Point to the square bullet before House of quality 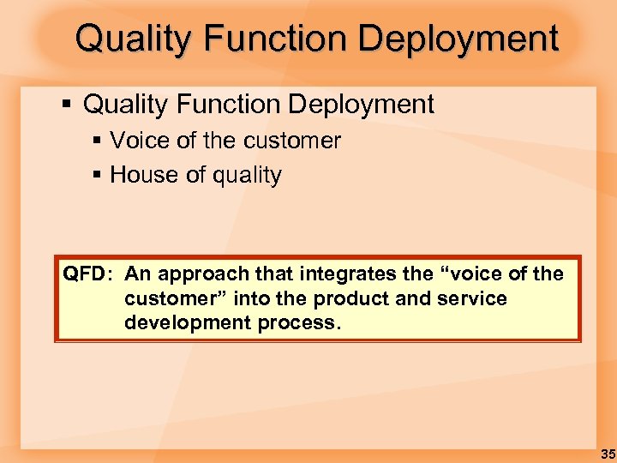pos(97,176)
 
